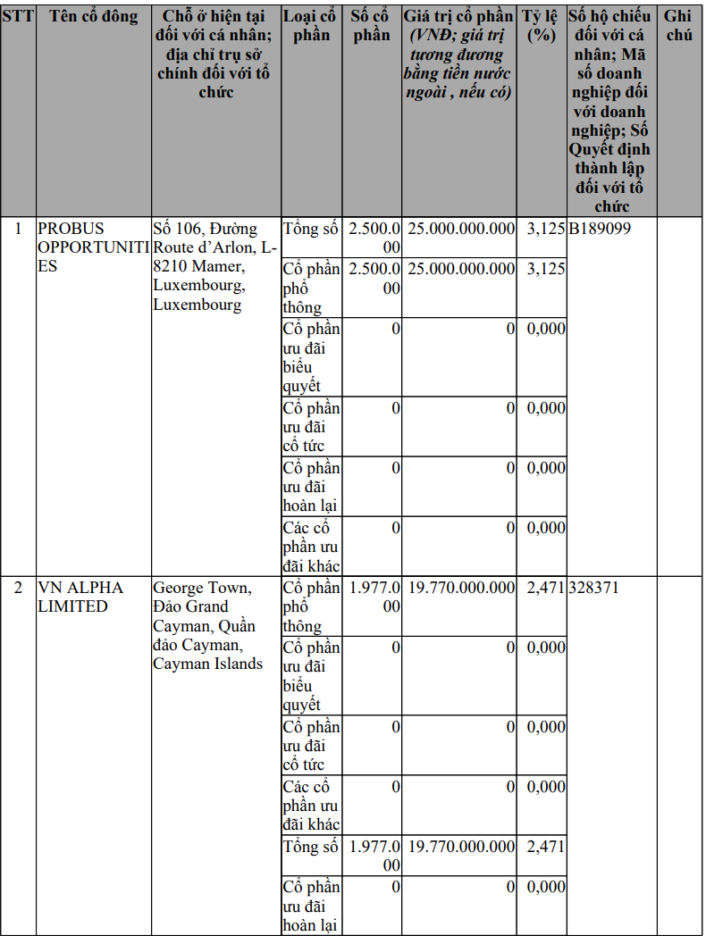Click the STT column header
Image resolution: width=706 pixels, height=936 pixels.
tap(18, 16)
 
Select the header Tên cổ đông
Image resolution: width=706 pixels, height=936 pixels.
tap(94, 16)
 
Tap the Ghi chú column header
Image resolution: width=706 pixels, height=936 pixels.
tap(678, 26)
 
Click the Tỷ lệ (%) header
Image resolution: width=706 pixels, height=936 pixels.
tap(542, 26)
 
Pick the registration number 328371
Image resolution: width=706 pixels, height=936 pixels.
tap(593, 588)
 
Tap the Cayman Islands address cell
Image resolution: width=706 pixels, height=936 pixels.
tap(208, 625)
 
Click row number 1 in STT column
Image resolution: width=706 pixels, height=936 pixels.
tap(18, 229)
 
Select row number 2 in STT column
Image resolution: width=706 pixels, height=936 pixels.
tap(18, 588)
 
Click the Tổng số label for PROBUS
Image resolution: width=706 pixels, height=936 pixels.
tap(310, 229)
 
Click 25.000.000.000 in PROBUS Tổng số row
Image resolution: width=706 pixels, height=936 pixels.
tap(461, 229)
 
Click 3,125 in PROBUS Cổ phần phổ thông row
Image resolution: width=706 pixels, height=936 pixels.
tap(545, 269)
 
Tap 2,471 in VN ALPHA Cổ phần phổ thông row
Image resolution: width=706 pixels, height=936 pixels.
tap(545, 588)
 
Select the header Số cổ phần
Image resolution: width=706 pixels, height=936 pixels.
tap(371, 26)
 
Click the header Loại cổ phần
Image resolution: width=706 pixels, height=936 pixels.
tap(310, 26)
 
